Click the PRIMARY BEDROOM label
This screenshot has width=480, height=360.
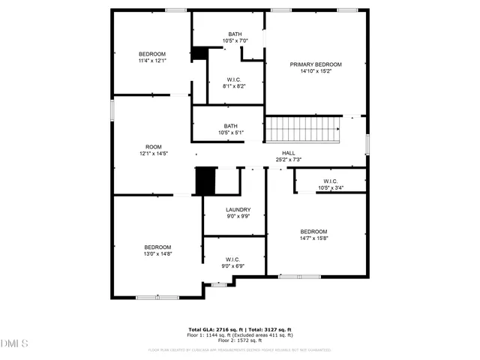(316, 64)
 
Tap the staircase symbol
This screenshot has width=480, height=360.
(304, 129)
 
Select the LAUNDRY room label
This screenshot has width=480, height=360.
(238, 210)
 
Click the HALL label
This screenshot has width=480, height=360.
(288, 152)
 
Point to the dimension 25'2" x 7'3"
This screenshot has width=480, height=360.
(288, 159)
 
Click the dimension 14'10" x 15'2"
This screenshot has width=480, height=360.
(316, 72)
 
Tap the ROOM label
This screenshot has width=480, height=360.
(153, 146)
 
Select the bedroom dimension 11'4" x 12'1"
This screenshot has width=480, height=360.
(151, 61)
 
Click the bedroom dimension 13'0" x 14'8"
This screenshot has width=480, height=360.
(157, 254)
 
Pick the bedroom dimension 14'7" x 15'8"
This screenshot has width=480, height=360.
(313, 238)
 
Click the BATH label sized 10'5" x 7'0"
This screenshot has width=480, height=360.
(235, 34)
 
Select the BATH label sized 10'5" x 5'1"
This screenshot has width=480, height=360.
(230, 126)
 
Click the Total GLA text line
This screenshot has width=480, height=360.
(239, 329)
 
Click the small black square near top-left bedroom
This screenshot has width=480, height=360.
(199, 53)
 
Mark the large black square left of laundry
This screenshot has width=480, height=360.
(205, 181)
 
